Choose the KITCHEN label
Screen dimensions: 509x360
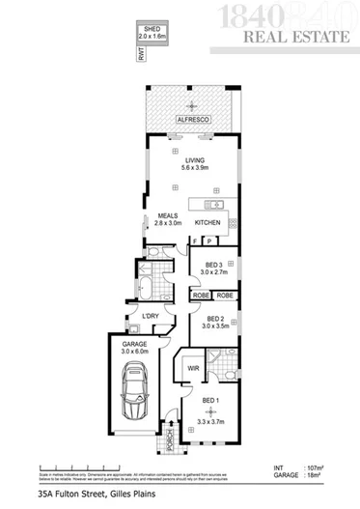208,223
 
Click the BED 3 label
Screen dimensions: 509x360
214,266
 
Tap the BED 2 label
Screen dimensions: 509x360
214,319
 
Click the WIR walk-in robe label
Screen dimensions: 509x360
193,368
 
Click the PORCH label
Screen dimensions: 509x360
171,440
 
